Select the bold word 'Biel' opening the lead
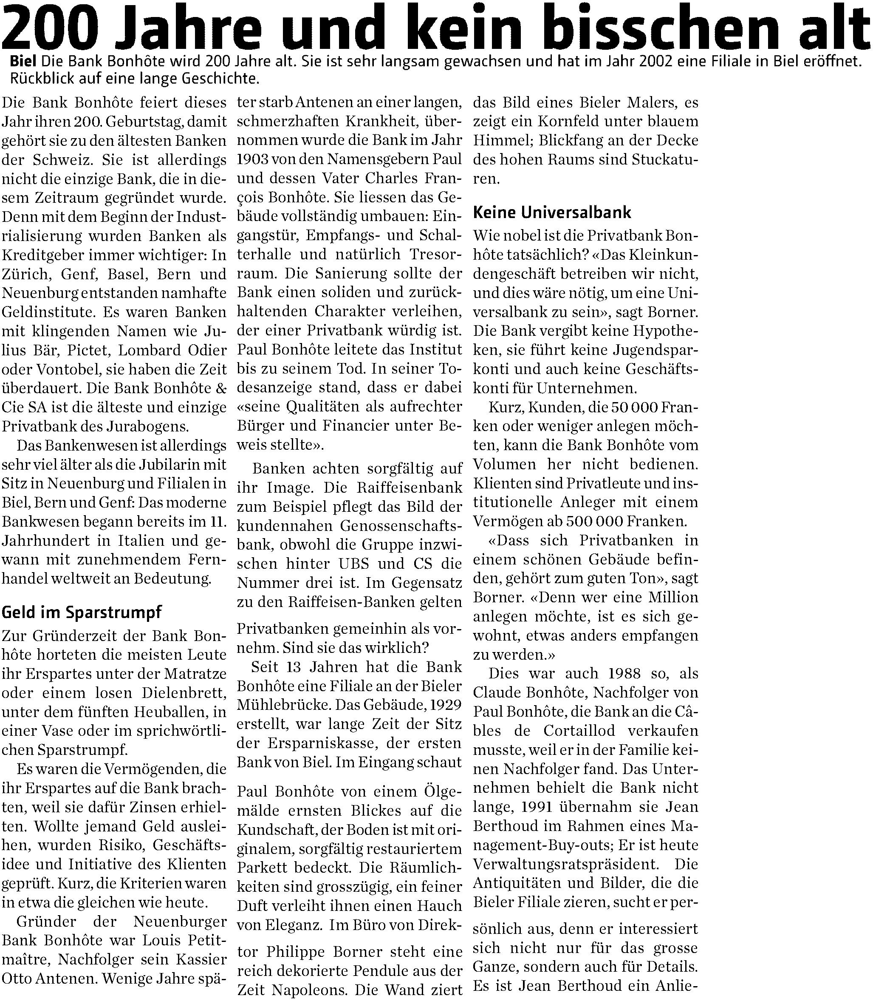pyautogui.click(x=24, y=62)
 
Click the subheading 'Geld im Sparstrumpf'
pyautogui.click(x=82, y=612)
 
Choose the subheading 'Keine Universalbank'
pyautogui.click(x=552, y=212)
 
